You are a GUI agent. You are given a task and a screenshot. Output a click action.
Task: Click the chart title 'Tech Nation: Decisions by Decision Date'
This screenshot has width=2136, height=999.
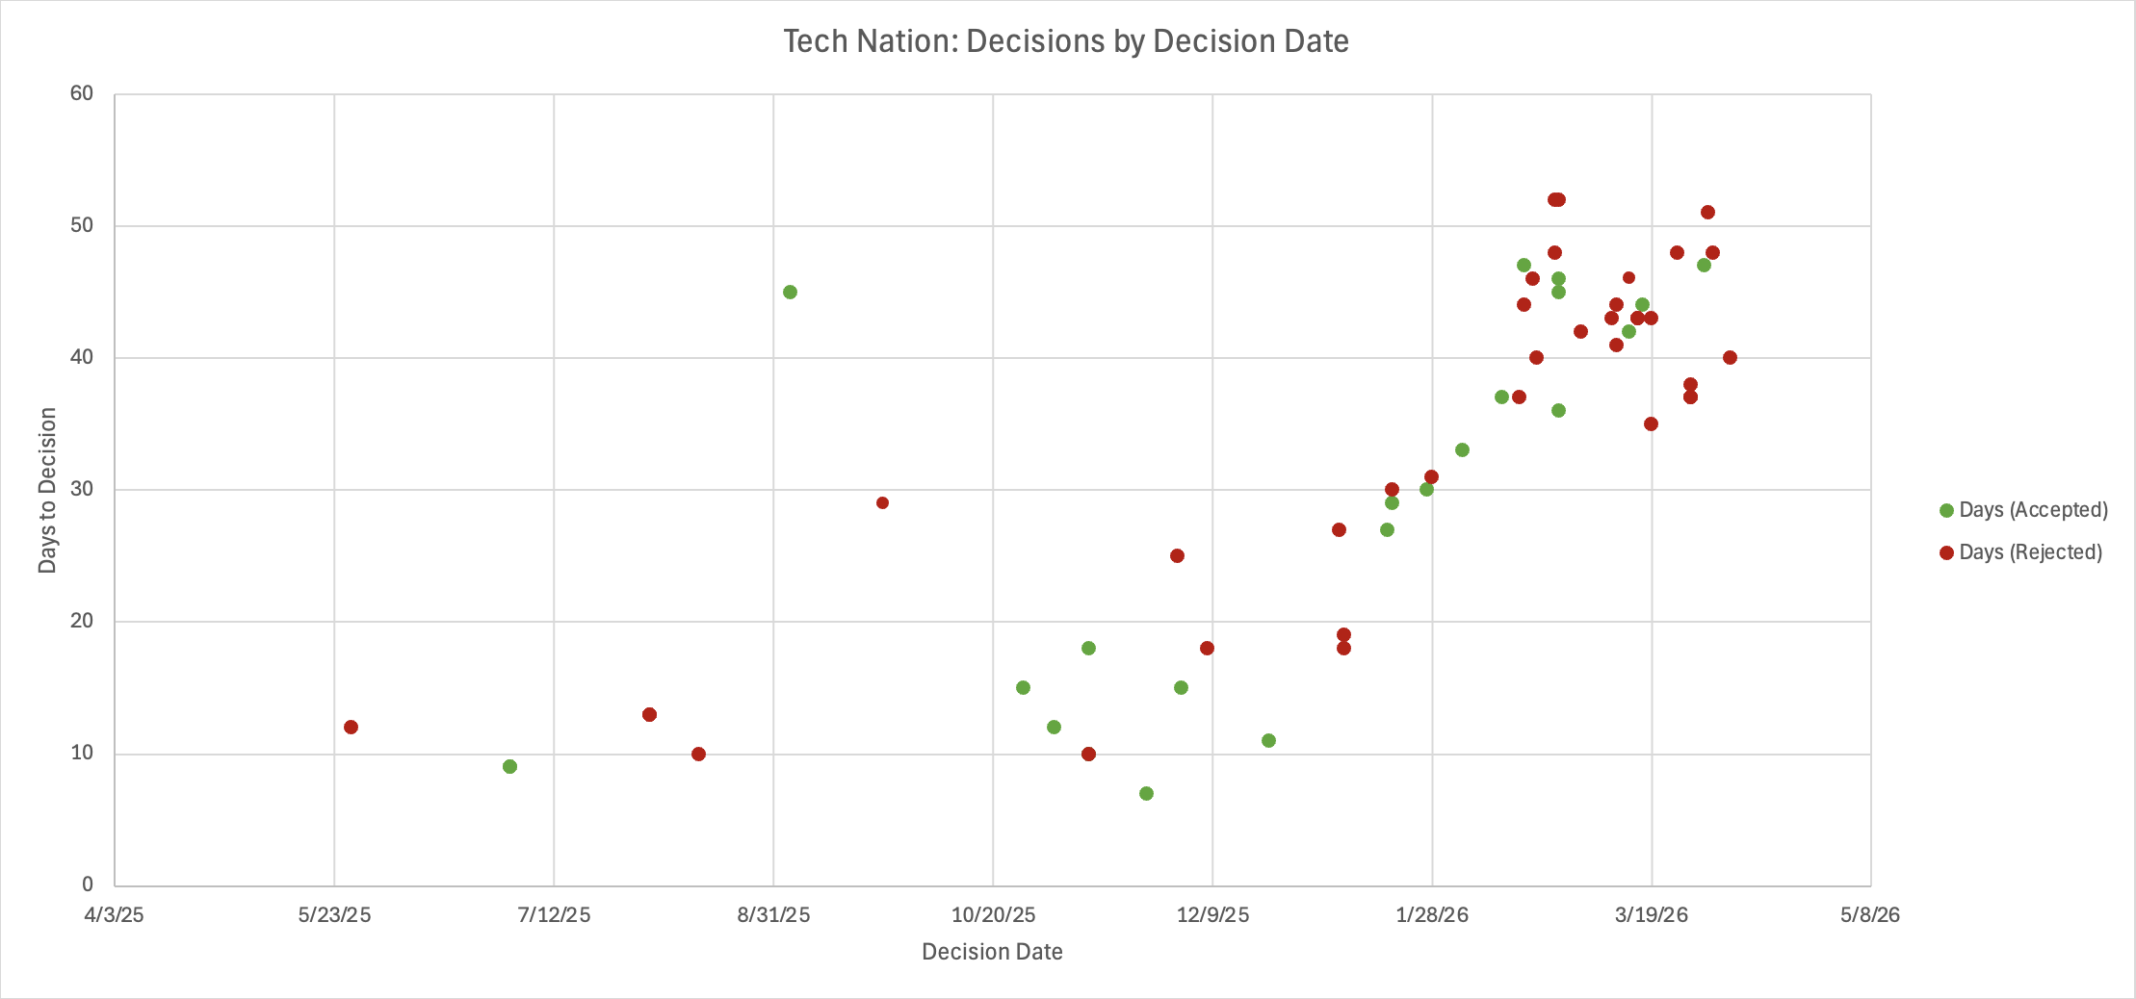point(1065,41)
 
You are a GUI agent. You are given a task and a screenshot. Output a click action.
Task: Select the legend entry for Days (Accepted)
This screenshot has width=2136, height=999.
point(2022,510)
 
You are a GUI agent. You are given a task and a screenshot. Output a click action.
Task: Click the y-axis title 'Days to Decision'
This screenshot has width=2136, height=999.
point(47,490)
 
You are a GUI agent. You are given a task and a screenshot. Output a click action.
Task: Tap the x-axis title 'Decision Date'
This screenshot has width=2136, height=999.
point(992,952)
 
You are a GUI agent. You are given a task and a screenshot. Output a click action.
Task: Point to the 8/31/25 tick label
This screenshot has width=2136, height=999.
point(773,914)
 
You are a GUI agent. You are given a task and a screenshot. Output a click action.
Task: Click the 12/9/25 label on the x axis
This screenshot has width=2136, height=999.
point(1212,914)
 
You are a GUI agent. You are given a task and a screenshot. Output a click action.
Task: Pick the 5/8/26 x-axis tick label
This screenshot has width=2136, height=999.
point(1870,914)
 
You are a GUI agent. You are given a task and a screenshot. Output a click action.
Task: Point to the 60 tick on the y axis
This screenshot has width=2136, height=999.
point(82,93)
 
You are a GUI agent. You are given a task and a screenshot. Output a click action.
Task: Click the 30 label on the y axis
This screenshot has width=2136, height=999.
point(82,489)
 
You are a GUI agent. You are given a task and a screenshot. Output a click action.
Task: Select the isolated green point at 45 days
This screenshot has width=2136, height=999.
point(790,292)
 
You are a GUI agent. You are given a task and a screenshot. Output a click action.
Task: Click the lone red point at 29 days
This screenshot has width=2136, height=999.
point(882,502)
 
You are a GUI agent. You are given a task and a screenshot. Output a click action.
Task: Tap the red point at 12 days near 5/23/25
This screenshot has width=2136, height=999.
point(351,727)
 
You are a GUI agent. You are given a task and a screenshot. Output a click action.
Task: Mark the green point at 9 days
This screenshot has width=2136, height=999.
point(509,766)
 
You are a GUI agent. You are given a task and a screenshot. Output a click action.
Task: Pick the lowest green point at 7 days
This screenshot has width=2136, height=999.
point(1146,793)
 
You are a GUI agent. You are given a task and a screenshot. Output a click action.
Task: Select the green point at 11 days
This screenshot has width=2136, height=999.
point(1268,740)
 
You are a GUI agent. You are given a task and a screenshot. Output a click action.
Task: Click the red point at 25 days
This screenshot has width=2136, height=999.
point(1177,555)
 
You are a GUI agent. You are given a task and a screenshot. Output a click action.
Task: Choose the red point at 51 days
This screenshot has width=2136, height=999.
point(1707,212)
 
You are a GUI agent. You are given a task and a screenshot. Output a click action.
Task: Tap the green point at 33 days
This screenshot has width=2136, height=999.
point(1462,449)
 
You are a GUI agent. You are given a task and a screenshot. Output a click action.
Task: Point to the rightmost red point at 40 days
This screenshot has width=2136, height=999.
point(1730,357)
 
